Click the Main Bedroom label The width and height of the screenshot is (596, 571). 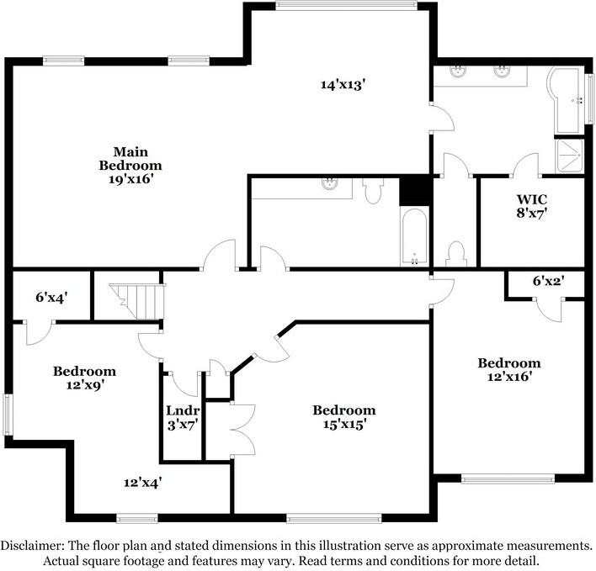point(130,165)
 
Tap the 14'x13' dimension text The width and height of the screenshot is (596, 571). point(343,84)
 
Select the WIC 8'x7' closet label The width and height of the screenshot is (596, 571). point(532,206)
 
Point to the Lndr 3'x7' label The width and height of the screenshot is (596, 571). point(183,417)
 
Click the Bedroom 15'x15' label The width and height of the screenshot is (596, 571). point(344,416)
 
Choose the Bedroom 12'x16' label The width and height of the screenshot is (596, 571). point(509,369)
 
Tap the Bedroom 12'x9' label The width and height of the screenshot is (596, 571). point(84,378)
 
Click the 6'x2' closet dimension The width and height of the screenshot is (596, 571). point(548,281)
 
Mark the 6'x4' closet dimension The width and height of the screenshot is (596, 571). point(51,297)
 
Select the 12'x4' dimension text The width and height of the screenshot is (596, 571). point(143,483)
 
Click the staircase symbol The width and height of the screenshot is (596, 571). point(137,301)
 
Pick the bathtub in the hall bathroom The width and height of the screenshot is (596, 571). point(414,236)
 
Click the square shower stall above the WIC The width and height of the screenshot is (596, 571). point(569,156)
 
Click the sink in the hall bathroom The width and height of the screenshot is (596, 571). point(329,184)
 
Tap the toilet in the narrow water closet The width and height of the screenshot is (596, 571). point(456,254)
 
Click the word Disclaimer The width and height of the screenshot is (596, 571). point(32,546)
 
